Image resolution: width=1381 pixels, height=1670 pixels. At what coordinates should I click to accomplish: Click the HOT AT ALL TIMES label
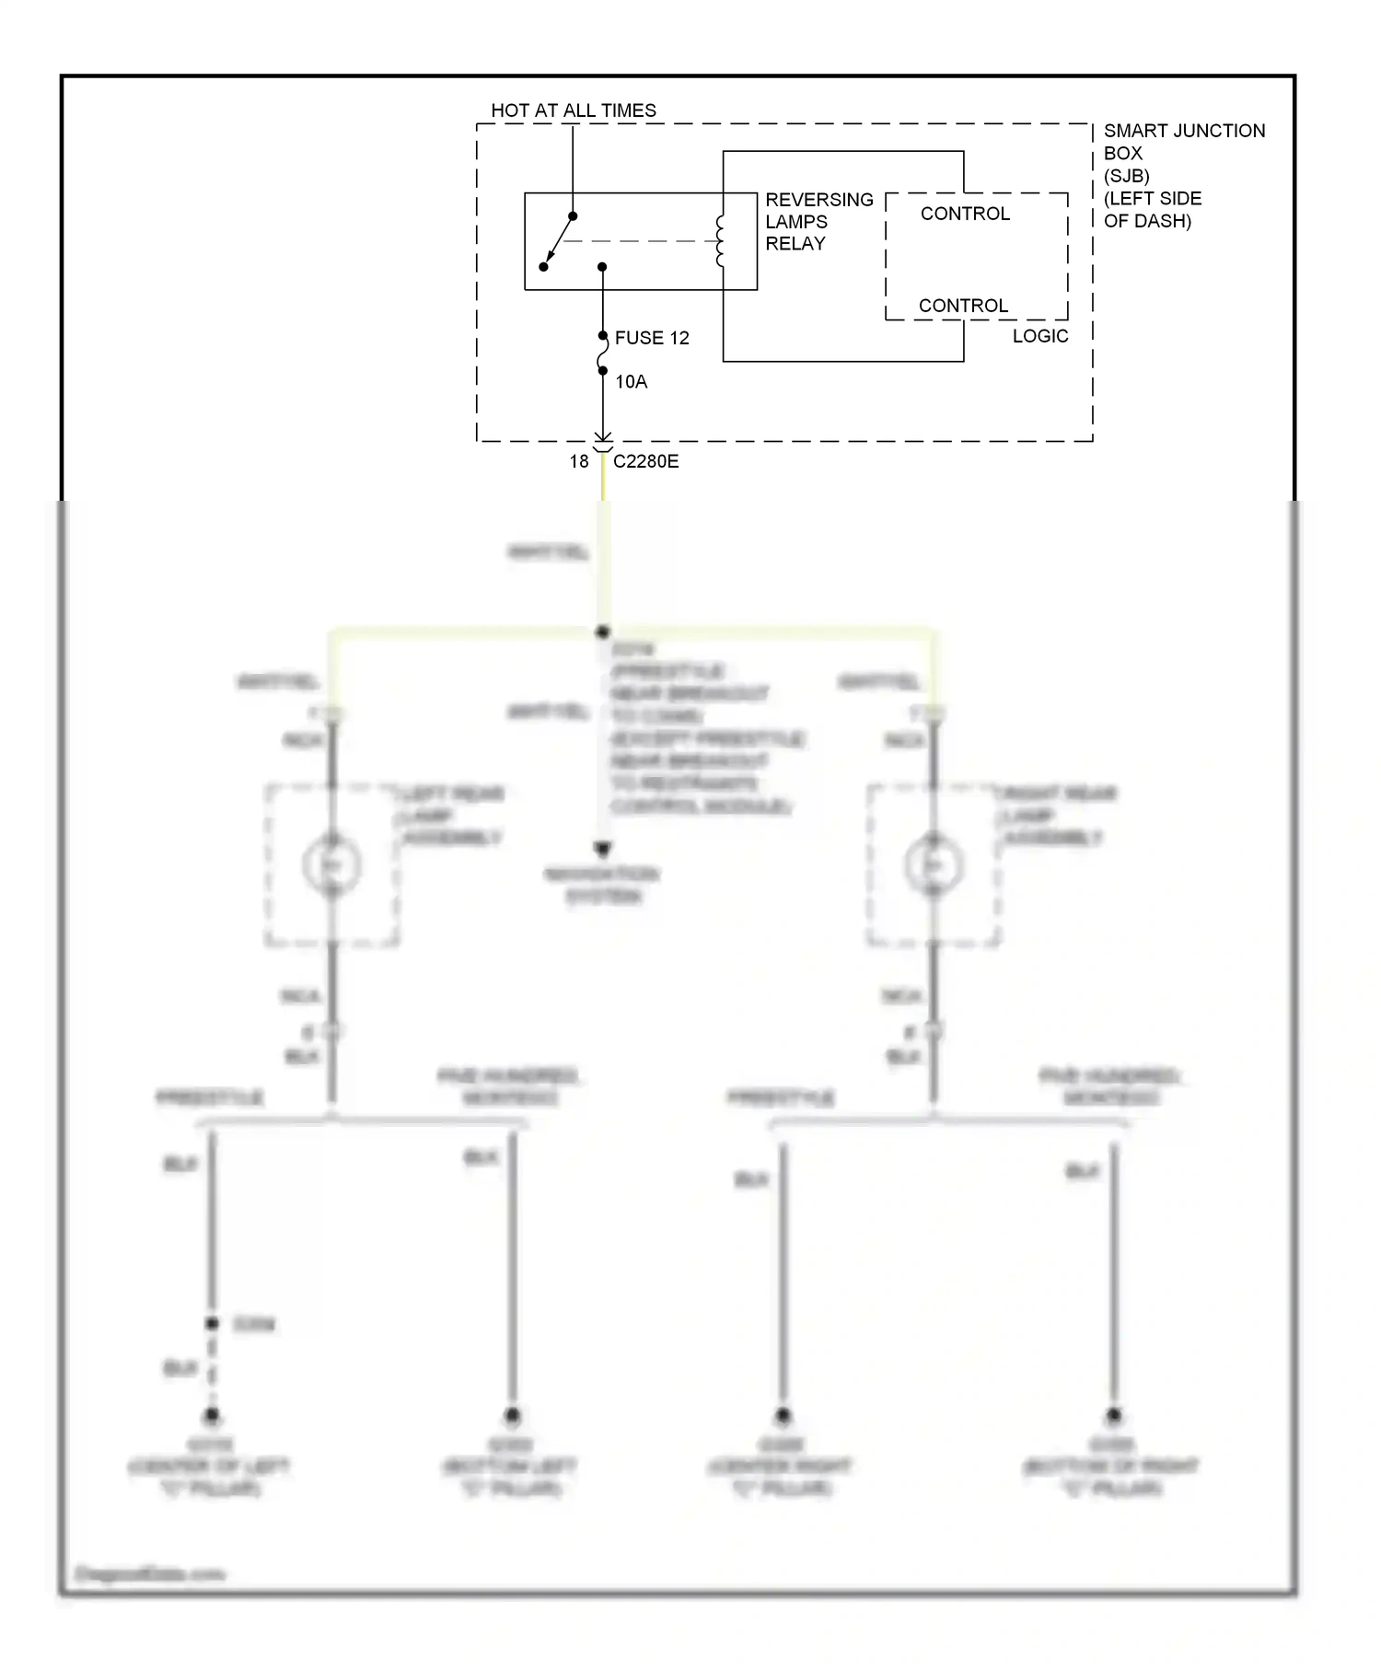(573, 110)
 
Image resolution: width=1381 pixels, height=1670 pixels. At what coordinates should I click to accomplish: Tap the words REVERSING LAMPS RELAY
(818, 222)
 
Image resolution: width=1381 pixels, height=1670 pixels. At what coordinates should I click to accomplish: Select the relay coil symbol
(721, 241)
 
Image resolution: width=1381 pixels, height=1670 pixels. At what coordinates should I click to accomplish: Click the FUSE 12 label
(652, 338)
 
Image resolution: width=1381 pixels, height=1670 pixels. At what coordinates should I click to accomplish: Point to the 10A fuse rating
(631, 381)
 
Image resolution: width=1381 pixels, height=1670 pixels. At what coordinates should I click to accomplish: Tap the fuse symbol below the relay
(603, 354)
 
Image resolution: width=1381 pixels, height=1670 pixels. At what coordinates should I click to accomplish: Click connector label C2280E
(645, 461)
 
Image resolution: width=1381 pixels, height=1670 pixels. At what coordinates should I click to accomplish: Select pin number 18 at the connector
(578, 461)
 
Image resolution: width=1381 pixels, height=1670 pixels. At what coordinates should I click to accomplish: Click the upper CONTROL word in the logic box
(965, 214)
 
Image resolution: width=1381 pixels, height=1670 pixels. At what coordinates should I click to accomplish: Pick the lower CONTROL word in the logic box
(963, 306)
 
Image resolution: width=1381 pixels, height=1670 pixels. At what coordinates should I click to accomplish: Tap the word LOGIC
(1040, 336)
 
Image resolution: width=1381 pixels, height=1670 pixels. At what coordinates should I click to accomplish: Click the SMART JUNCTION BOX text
(1183, 142)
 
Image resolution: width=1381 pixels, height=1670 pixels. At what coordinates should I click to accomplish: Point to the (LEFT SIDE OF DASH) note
(1152, 210)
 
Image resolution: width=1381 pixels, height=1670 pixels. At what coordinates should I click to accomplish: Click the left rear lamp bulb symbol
(331, 864)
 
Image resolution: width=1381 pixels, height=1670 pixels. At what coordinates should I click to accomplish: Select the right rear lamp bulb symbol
(934, 864)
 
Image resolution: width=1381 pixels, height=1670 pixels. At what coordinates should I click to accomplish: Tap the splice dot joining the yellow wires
(603, 632)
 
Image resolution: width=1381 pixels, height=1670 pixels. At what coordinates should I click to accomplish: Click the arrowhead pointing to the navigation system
(603, 848)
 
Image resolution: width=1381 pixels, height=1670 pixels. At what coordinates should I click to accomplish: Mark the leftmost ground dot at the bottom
(212, 1415)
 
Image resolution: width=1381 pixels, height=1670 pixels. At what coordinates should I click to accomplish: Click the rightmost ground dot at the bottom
(1113, 1415)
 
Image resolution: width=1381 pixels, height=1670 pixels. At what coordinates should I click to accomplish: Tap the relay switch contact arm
(558, 241)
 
